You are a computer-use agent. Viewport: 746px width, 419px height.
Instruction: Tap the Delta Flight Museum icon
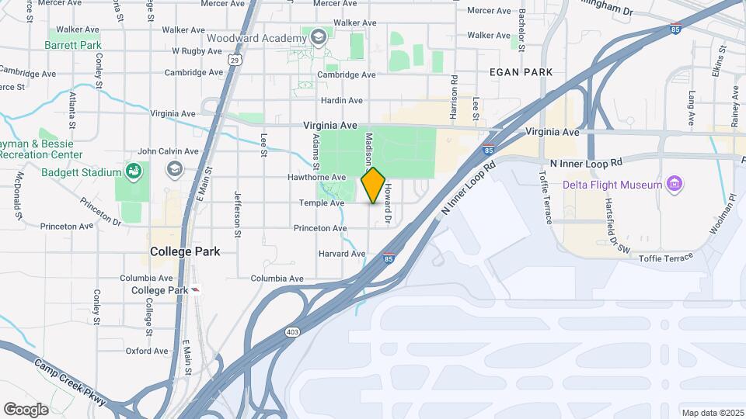pyautogui.click(x=674, y=184)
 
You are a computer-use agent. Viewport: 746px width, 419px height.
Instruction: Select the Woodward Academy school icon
pyautogui.click(x=317, y=38)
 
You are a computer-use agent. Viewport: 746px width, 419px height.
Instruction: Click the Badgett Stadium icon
pyautogui.click(x=134, y=171)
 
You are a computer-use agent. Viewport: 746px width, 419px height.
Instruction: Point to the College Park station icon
pyautogui.click(x=195, y=289)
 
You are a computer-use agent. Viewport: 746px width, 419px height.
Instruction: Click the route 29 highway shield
pyautogui.click(x=234, y=58)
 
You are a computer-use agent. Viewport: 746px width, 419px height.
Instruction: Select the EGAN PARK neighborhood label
pyautogui.click(x=521, y=72)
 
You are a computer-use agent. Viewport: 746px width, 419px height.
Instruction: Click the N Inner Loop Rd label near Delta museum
pyautogui.click(x=586, y=164)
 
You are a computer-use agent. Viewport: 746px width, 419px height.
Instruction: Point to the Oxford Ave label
pyautogui.click(x=147, y=351)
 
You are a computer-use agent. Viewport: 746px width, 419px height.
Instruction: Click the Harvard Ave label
pyautogui.click(x=341, y=254)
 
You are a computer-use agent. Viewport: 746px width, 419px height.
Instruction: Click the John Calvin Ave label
pyautogui.click(x=168, y=151)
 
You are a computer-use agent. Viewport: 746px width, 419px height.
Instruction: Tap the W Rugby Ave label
pyautogui.click(x=197, y=50)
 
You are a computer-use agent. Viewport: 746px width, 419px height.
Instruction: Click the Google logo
pyautogui.click(x=26, y=409)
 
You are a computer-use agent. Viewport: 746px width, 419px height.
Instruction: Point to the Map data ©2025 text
pyautogui.click(x=713, y=413)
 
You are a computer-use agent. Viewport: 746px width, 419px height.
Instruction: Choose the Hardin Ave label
pyautogui.click(x=341, y=101)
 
